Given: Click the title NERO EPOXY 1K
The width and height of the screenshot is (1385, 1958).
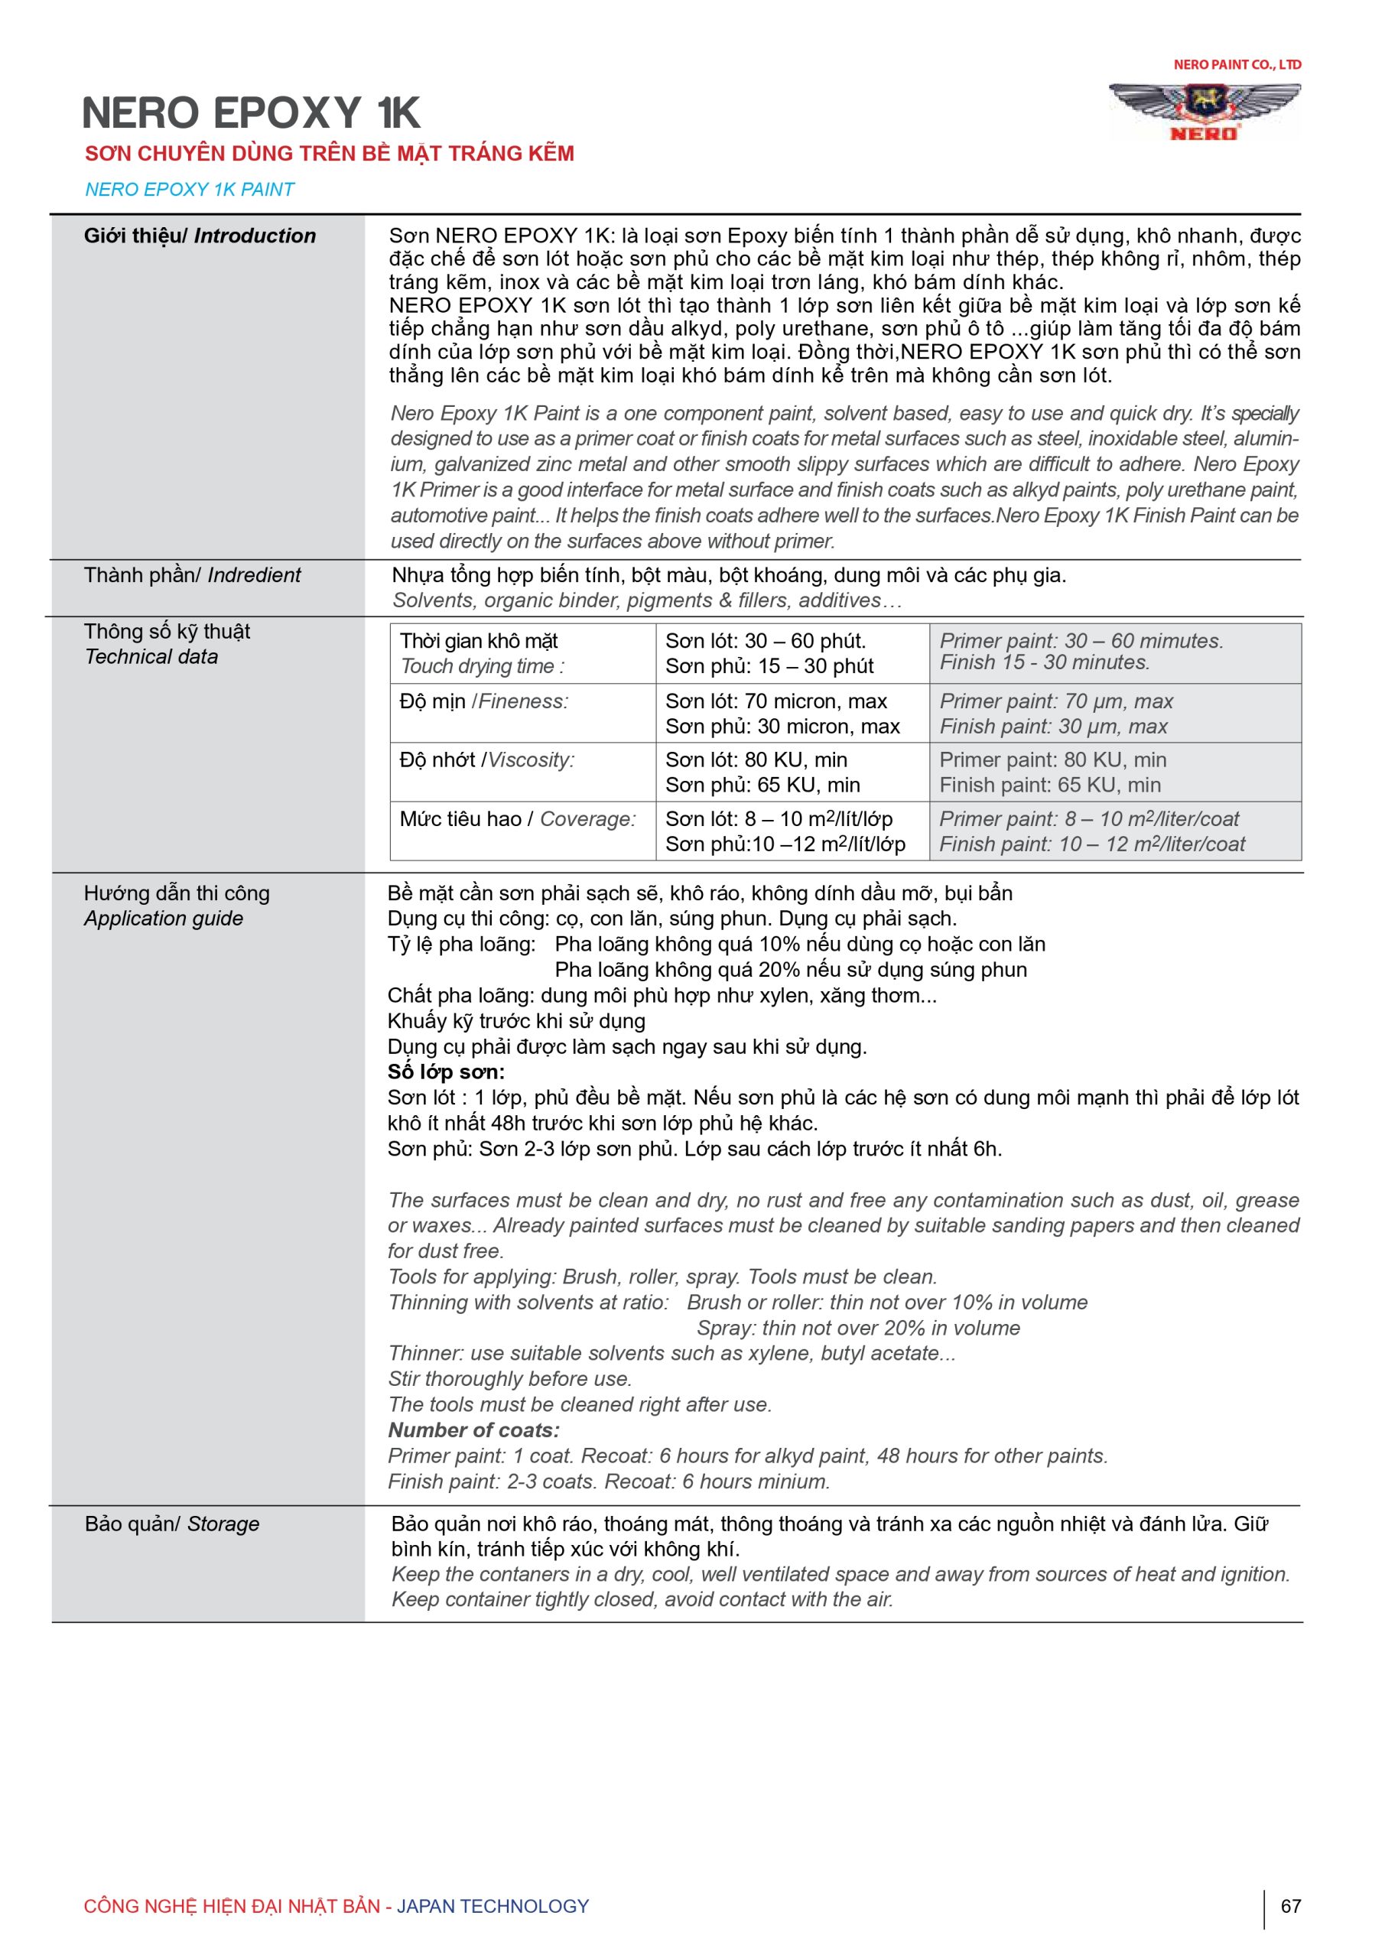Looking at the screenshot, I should tap(251, 112).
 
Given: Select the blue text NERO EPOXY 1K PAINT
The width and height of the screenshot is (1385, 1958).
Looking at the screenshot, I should tap(190, 190).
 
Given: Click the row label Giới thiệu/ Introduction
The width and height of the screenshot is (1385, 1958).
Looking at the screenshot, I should tap(200, 236).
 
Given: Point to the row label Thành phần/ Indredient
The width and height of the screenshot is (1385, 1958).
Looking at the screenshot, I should tap(192, 576).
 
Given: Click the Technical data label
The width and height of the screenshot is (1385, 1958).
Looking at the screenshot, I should tap(151, 657).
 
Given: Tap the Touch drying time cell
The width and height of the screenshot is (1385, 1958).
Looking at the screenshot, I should tap(522, 654).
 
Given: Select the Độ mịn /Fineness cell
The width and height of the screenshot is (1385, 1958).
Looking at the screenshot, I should tap(522, 713).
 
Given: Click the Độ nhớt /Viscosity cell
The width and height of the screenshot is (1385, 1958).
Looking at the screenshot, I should tap(522, 772).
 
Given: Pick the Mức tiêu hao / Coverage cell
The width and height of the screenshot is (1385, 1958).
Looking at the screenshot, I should tap(522, 831).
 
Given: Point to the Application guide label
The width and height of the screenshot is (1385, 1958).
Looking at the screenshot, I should tap(164, 919).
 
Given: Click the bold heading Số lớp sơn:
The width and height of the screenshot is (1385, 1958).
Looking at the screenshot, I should tap(446, 1072).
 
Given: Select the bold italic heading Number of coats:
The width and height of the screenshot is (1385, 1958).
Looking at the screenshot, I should tap(474, 1430).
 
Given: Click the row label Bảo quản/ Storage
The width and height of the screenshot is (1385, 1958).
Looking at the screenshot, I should tap(171, 1524).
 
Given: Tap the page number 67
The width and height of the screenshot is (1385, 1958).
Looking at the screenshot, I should tap(1290, 1906).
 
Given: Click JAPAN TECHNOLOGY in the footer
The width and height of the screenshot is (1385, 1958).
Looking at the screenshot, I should tap(493, 1906).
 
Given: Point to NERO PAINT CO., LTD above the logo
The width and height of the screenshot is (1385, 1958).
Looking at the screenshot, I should tap(1237, 65).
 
